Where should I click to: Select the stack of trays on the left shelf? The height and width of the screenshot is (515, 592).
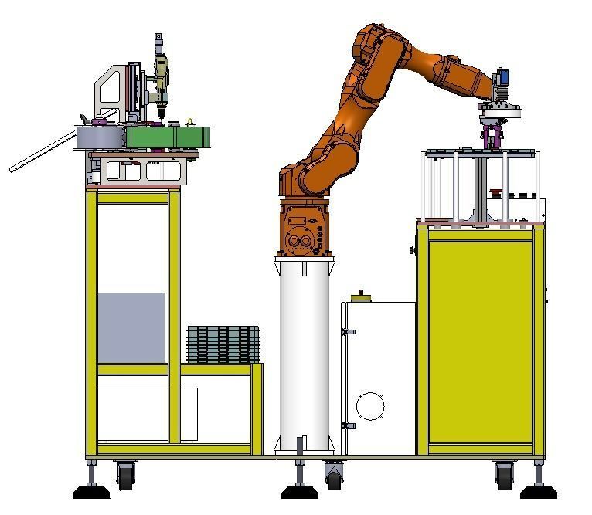pos(223,344)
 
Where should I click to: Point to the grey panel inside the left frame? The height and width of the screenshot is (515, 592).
pos(131,327)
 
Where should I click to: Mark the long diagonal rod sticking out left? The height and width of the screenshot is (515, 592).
pos(43,151)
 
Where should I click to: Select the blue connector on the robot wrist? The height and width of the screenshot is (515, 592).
pos(502,78)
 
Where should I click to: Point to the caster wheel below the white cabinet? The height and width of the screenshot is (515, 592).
pos(334,477)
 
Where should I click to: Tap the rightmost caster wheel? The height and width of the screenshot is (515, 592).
pos(504,475)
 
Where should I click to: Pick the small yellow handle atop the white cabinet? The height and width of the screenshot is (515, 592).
pos(359,297)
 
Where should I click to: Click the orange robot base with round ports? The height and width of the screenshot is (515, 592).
pos(305,230)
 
